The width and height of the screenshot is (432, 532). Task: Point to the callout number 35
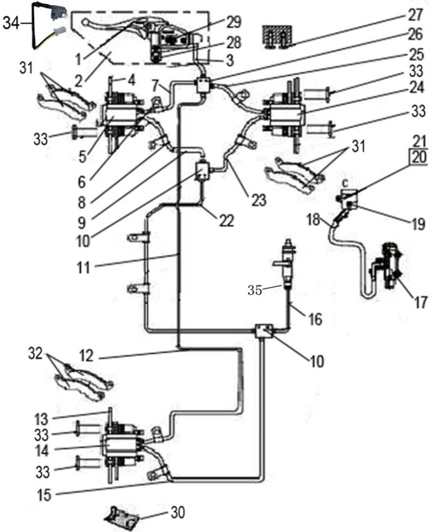254,290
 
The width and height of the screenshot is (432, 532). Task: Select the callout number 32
36,354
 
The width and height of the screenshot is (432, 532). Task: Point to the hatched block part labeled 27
277,37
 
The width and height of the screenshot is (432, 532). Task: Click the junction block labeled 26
206,86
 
